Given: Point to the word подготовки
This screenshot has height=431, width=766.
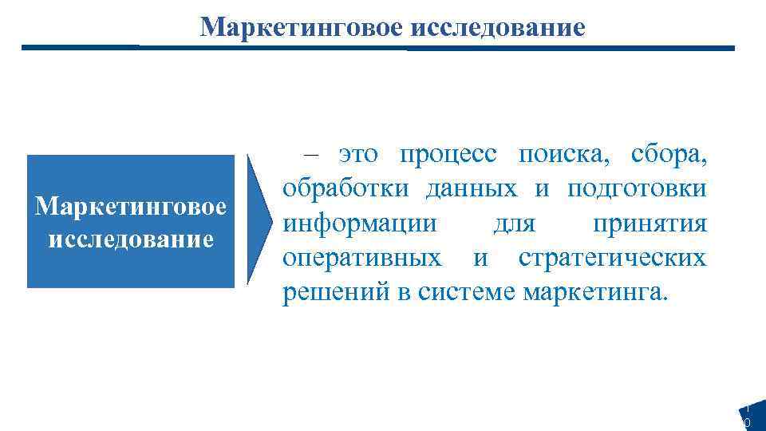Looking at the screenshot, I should click(x=637, y=191).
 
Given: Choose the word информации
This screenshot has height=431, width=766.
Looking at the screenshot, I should click(x=360, y=224).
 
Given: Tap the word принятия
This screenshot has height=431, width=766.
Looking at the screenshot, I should click(x=650, y=224).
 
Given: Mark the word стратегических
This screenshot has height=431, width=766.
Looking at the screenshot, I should click(x=612, y=259).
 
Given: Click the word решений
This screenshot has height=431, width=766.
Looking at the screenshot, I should click(x=334, y=293).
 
